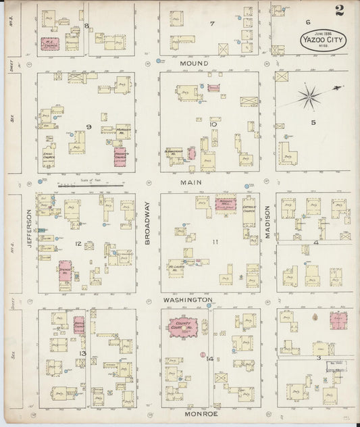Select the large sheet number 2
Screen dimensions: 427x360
[338, 9]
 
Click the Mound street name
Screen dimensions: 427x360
[193, 64]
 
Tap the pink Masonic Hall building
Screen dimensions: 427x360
[225, 203]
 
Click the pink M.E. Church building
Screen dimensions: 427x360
[49, 44]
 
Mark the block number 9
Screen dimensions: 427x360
[88, 126]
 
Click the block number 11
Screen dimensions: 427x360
[215, 241]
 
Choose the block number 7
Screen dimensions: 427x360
[211, 24]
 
